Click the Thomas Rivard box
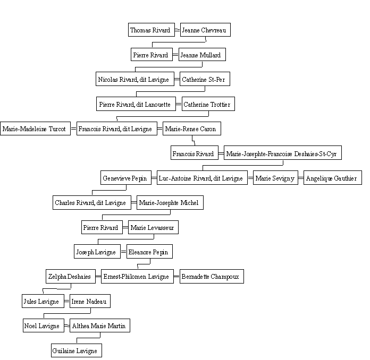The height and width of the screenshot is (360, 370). tap(152, 30)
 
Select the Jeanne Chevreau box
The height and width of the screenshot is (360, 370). tap(205, 30)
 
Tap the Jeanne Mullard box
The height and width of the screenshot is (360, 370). tap(202, 55)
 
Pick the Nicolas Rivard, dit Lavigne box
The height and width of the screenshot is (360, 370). tap(135, 79)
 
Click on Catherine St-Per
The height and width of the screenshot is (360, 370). tap(205, 79)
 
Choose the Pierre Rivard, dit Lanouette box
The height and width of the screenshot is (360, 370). tap(136, 104)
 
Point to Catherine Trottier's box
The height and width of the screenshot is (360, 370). tap(208, 104)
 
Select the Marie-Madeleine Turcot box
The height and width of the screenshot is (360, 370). tap(36, 128)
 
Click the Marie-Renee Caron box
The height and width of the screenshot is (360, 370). tap(192, 128)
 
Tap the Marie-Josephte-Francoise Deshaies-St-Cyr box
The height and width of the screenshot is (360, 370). tap(283, 153)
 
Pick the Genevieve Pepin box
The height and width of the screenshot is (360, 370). tap(126, 177)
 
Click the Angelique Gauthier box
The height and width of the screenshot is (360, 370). tap(333, 177)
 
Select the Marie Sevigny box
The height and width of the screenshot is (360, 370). tap(275, 177)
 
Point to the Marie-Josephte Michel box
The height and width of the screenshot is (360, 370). tap(170, 202)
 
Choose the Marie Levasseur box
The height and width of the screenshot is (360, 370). tap(154, 227)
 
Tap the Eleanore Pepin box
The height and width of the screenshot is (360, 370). tap(149, 252)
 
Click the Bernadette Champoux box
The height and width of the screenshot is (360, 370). tap(212, 276)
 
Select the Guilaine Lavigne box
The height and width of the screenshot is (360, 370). tap(77, 350)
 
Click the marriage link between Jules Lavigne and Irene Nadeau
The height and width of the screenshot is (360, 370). tap(67, 301)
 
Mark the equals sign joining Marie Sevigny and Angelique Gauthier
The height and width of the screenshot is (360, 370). tap(301, 177)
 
